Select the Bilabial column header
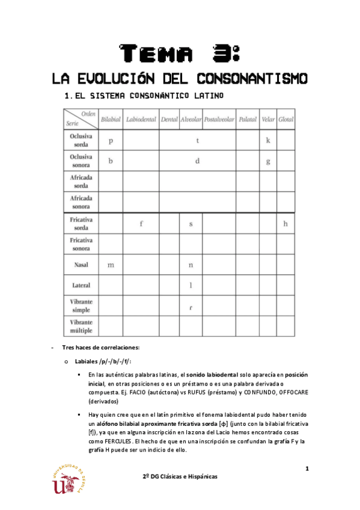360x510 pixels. point(110,120)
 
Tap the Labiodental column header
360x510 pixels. point(141,120)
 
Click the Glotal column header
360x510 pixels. point(285,120)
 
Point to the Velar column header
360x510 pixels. point(268,120)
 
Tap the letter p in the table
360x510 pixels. point(111,141)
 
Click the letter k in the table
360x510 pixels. point(268,141)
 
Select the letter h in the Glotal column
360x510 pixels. point(285,224)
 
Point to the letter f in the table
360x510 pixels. point(141,224)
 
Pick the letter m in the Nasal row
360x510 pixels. point(111,265)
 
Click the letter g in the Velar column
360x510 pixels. point(268,161)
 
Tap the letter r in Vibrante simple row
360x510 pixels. point(191,307)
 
